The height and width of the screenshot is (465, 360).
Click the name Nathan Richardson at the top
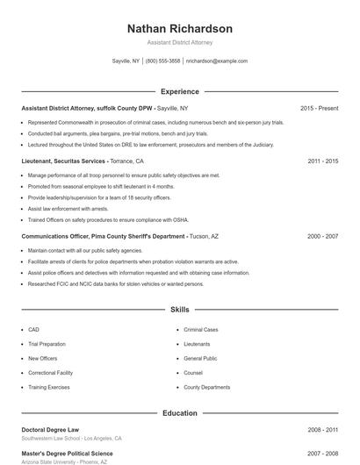[x=180, y=28]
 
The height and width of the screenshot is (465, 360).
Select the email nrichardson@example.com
[x=216, y=61]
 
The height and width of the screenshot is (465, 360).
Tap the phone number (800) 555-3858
[x=162, y=61]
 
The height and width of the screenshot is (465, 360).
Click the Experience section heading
[x=180, y=91]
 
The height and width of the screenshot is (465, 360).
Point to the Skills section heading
[x=180, y=310]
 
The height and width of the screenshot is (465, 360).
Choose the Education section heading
[x=180, y=412]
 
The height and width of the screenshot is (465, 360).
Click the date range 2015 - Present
[x=319, y=108]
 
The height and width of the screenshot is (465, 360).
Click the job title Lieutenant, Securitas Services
[x=64, y=161]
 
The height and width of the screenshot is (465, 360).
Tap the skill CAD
[x=33, y=330]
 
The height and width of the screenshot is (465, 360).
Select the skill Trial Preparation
[x=47, y=344]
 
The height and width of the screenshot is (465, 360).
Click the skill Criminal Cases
[x=201, y=330]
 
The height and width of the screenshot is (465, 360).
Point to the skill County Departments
[x=207, y=387]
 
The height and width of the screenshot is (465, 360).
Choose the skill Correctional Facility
[x=50, y=373]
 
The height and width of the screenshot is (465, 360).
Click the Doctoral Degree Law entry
[x=50, y=430]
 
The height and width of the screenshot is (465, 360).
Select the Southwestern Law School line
[x=71, y=438]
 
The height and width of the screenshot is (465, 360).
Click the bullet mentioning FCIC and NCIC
[x=116, y=283]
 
